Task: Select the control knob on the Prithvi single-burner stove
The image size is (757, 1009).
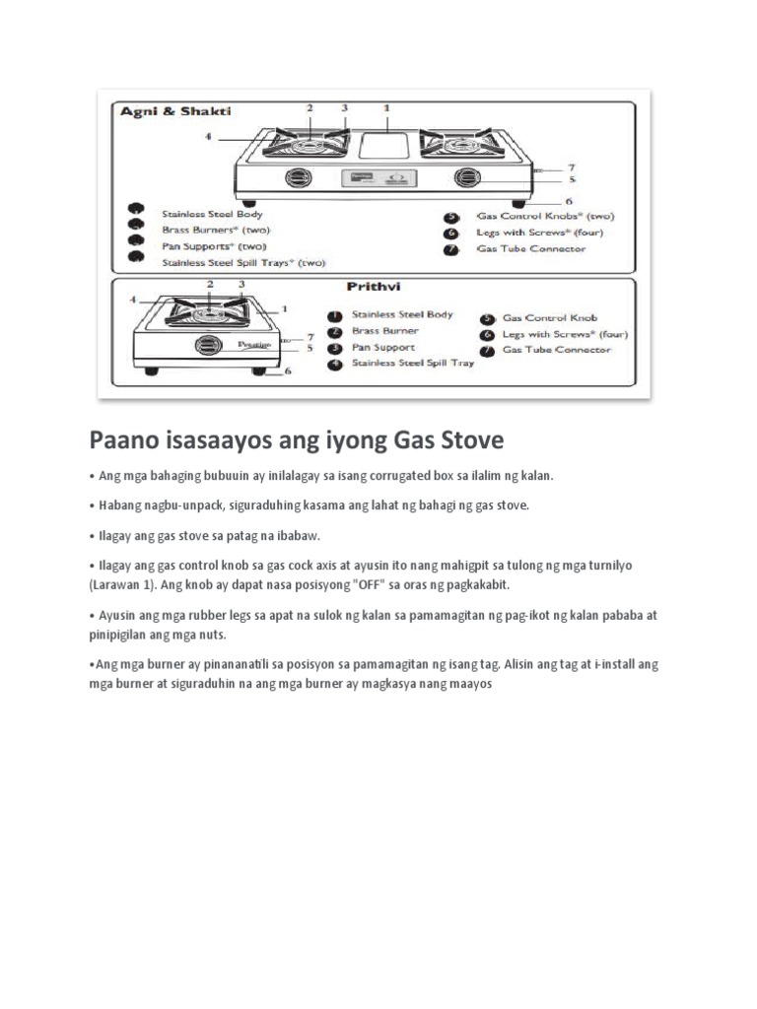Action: [x=208, y=345]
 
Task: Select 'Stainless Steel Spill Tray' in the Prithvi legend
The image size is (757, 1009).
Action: [x=413, y=363]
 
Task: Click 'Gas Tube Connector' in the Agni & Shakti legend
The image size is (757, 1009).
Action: [x=531, y=248]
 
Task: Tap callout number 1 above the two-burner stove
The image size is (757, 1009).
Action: [x=386, y=105]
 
